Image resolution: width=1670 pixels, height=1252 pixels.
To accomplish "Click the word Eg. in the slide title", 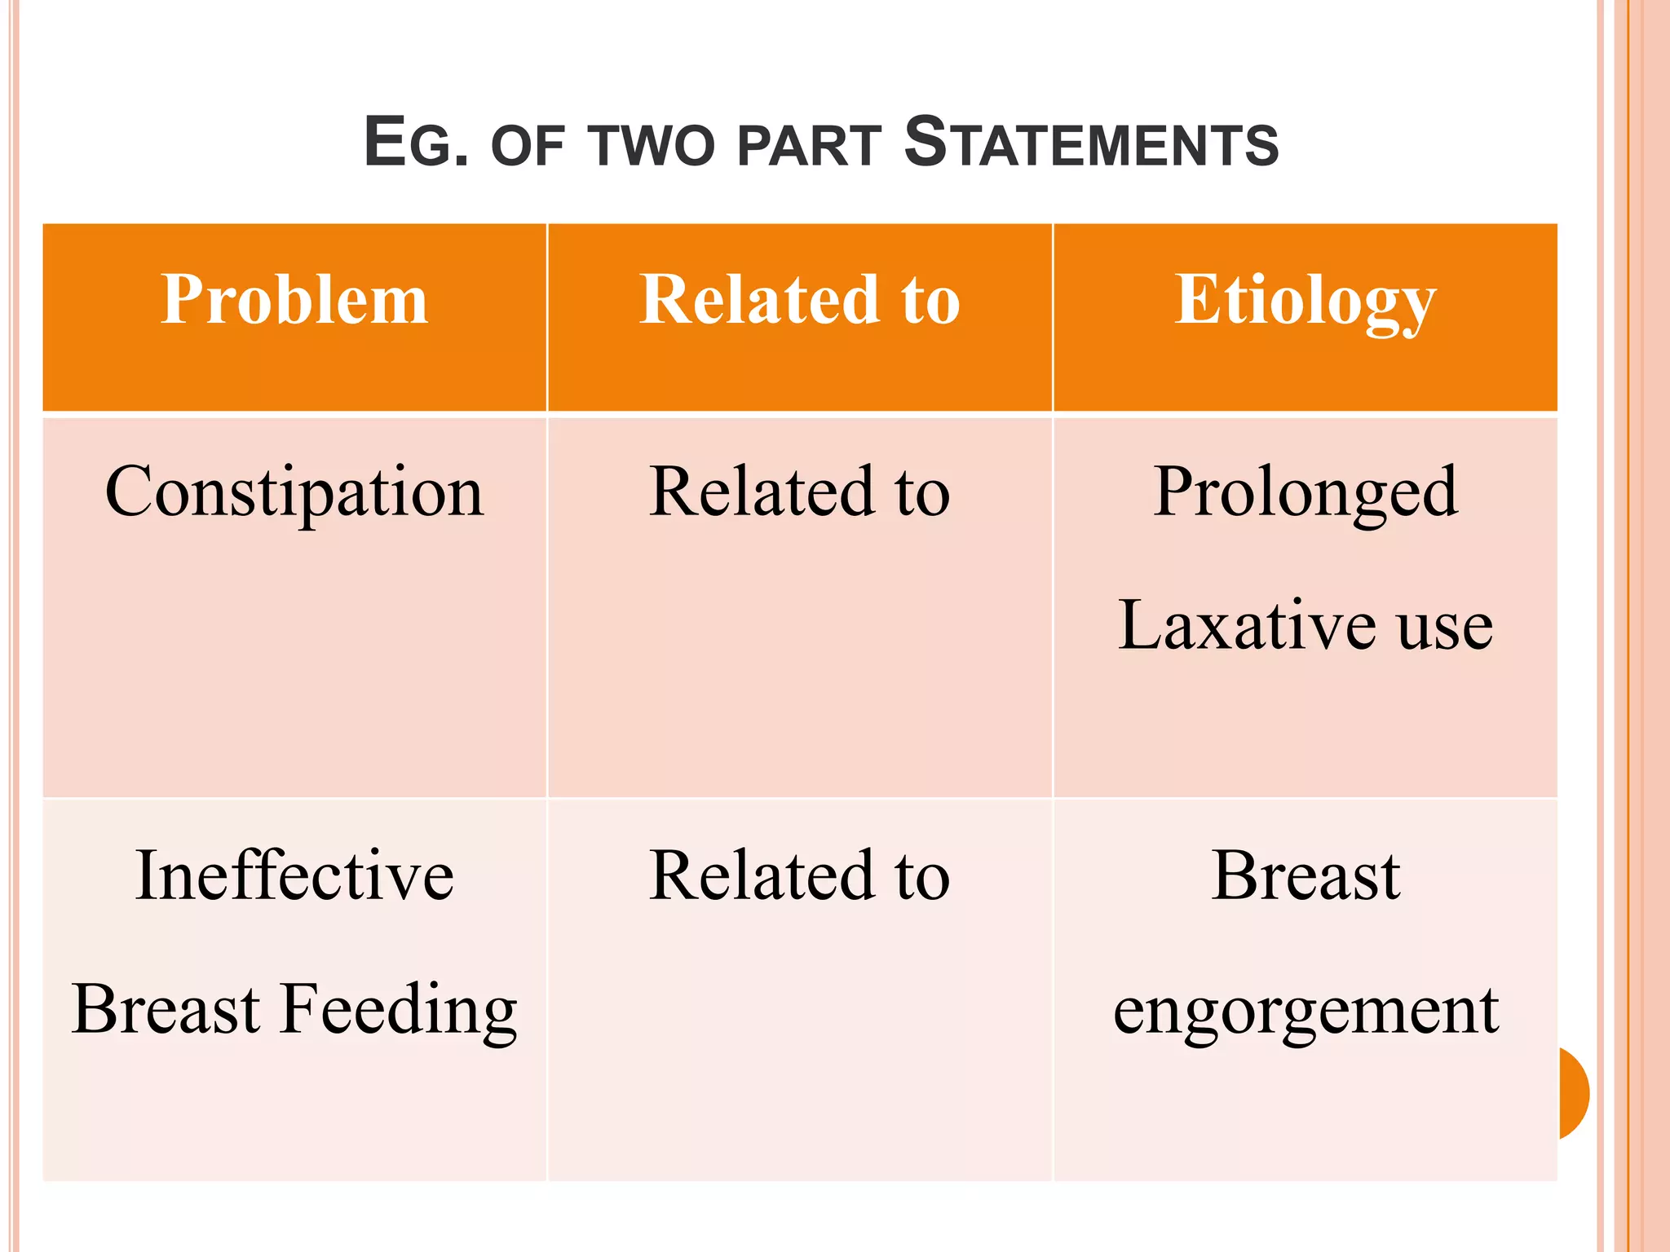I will (416, 143).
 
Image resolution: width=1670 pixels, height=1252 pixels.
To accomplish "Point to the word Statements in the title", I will (1091, 143).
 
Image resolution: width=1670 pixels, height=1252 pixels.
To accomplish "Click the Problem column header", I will (294, 300).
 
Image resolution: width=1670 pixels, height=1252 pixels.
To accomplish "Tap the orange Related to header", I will (799, 300).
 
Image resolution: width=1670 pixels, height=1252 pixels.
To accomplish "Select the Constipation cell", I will (294, 492).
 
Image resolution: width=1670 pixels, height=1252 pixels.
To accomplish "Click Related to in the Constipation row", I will (799, 492).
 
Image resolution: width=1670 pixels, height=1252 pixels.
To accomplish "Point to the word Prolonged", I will (1305, 493).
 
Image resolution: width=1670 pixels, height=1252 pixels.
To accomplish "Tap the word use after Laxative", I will (1445, 628).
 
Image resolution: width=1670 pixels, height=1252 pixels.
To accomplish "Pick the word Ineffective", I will (294, 875).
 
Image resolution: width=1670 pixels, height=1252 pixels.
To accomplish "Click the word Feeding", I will (399, 1010).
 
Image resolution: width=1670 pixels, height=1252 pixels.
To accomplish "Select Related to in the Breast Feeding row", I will (799, 875).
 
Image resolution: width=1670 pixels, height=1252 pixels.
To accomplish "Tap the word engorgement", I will (1306, 1012).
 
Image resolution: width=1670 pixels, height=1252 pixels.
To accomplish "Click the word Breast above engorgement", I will (1306, 875).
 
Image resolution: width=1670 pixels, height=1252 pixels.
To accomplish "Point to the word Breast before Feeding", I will (166, 1009).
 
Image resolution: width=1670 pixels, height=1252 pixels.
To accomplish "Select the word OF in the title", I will (528, 147).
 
